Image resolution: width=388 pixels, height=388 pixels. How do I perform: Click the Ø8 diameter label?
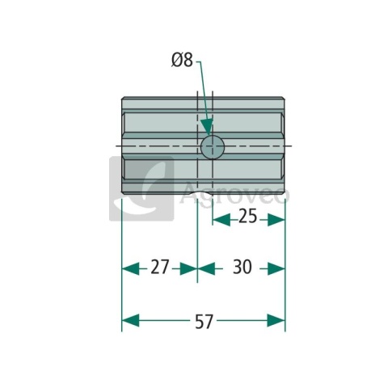[x=182, y=60]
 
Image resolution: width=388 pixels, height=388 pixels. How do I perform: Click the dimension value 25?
[x=248, y=216]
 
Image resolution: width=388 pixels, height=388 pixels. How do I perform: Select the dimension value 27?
[x=159, y=267]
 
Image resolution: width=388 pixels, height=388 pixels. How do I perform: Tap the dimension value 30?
[x=242, y=267]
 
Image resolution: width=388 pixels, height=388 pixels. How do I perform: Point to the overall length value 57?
[x=204, y=322]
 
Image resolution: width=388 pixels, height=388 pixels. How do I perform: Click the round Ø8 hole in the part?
[x=213, y=147]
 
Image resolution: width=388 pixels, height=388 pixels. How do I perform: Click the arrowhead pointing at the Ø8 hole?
[x=207, y=126]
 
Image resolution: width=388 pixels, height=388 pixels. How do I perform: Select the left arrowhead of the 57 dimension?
[x=131, y=320]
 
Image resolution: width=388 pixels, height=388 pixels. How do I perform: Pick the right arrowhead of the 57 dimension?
[x=276, y=320]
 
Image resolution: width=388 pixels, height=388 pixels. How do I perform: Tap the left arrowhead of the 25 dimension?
[x=221, y=220]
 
